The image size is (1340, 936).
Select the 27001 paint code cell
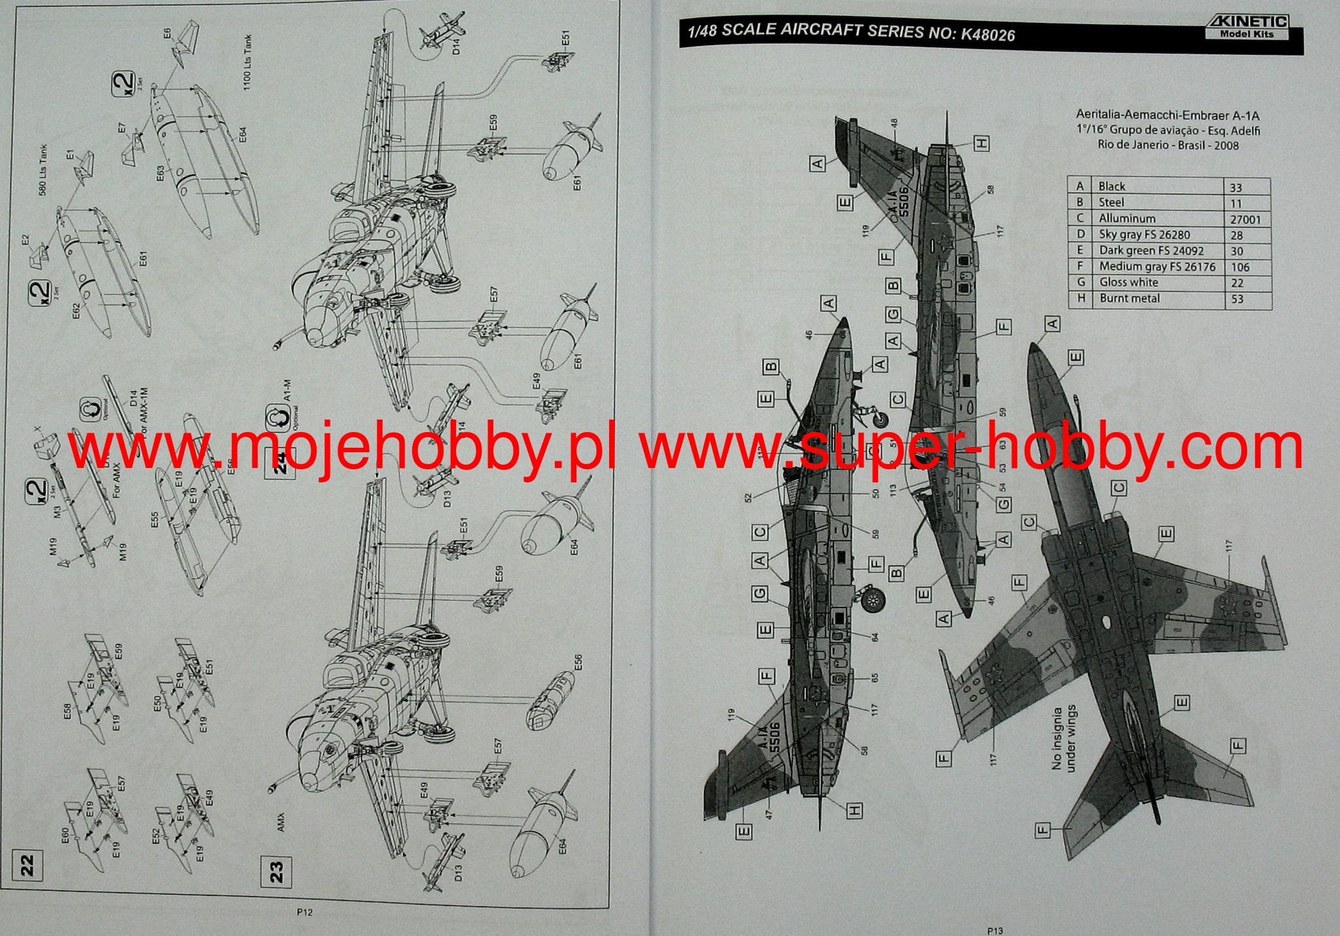(1245, 219)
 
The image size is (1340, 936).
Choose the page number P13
(995, 929)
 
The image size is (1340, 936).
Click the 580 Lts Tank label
(43, 171)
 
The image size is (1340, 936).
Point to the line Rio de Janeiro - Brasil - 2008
(1168, 145)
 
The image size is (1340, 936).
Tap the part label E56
(578, 662)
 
